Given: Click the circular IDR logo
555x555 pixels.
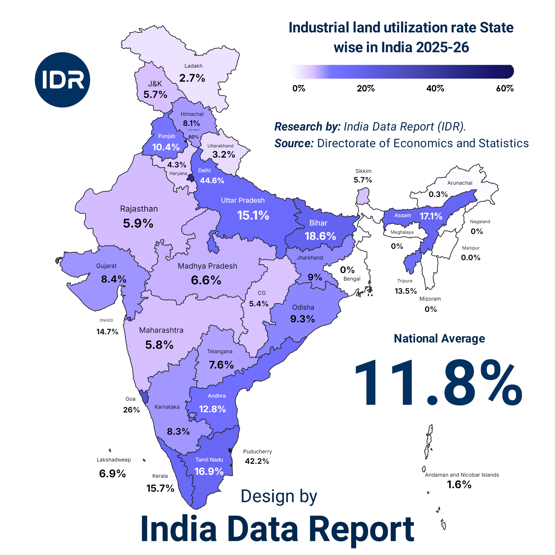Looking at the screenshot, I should tap(62, 80).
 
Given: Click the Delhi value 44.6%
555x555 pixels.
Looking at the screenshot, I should tap(212, 180).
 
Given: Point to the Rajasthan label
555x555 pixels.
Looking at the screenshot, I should tap(139, 209).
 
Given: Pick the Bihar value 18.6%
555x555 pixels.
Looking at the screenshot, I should tap(320, 236).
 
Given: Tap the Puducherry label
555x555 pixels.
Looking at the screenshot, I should tap(257, 452).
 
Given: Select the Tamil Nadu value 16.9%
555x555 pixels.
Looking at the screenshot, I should tap(209, 471).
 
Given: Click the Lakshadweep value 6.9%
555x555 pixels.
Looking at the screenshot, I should tap(112, 474).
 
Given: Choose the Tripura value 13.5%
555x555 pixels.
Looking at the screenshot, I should tap(406, 291).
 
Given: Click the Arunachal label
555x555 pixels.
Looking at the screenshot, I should tap(460, 183).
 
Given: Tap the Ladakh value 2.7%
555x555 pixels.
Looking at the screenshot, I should tap(192, 78).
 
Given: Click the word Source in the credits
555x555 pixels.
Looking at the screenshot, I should tap(294, 143).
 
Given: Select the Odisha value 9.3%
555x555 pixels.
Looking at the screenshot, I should tap(303, 319).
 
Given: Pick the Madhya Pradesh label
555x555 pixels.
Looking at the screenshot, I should tap(207, 266).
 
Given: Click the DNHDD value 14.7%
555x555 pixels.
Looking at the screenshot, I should tap(107, 332).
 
